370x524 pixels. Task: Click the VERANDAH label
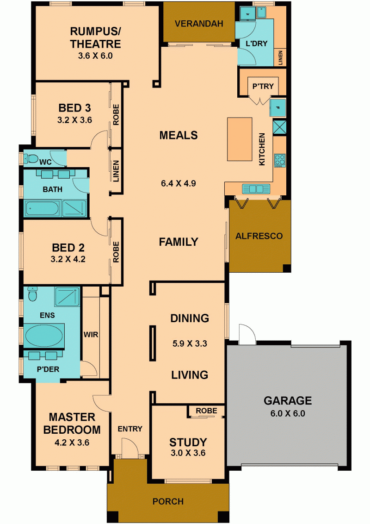[199, 24]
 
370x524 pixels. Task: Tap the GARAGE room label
[288, 400]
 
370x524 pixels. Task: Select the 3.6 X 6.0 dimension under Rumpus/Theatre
[95, 56]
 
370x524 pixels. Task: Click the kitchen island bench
[240, 139]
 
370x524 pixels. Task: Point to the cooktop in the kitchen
[280, 161]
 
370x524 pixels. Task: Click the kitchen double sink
[256, 189]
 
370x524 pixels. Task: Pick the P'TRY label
[263, 86]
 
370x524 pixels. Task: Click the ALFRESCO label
[259, 236]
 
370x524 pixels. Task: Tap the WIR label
[91, 335]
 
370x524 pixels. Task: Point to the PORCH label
[168, 501]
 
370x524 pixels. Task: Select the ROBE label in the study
[206, 411]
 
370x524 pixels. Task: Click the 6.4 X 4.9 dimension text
[179, 183]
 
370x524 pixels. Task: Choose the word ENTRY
[130, 429]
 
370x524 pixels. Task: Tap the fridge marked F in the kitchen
[278, 107]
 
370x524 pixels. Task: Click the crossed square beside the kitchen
[279, 127]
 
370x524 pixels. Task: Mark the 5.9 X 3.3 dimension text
[190, 343]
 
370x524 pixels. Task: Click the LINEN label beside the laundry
[280, 58]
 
